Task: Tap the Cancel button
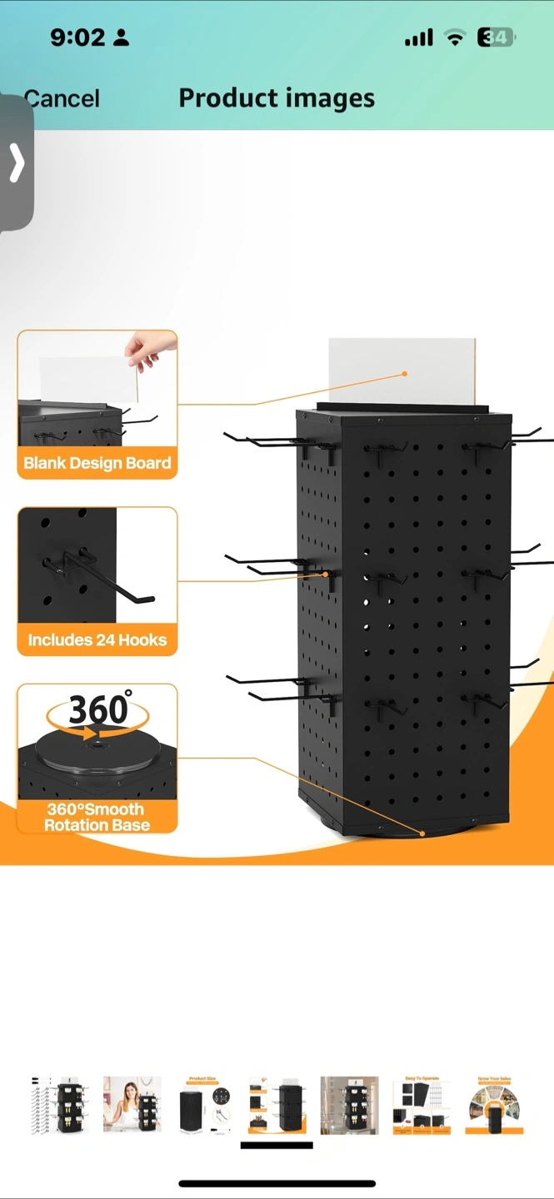62,98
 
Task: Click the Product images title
277,98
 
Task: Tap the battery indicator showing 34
496,37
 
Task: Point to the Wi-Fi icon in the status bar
455,37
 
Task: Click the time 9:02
77,37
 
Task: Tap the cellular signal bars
418,37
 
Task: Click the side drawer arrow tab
16,162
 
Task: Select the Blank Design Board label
97,463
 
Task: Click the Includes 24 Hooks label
97,639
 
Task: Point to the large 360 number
98,709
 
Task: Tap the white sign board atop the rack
402,371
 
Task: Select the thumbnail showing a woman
132,1104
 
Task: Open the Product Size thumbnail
204,1104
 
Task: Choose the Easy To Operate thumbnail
422,1104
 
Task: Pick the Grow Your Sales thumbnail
494,1104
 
